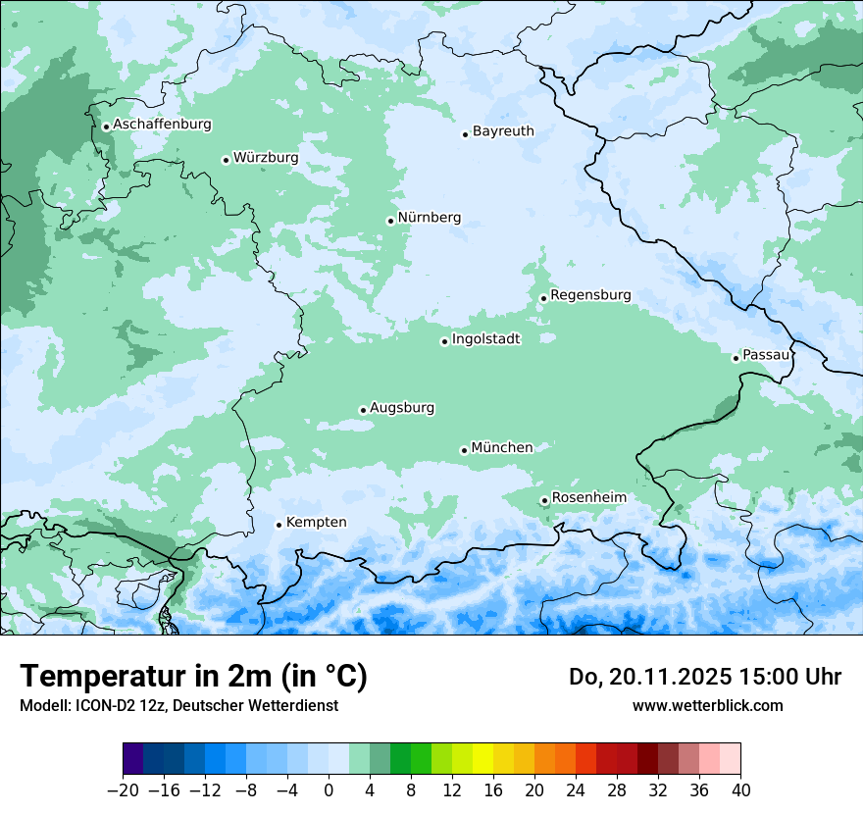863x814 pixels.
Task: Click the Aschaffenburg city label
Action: pos(162,125)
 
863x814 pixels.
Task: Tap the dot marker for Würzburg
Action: pos(226,160)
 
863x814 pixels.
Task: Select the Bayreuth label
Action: pos(503,130)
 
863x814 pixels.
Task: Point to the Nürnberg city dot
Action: pos(390,221)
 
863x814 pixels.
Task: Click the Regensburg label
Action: pos(590,294)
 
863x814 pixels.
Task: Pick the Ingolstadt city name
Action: pos(485,338)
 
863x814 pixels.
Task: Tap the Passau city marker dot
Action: pos(736,358)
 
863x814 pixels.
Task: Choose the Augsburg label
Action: pos(402,407)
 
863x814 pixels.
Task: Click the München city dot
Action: pos(464,450)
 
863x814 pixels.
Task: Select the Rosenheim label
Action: pos(588,497)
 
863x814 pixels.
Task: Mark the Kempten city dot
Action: pos(279,525)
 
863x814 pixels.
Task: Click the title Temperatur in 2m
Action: pos(193,676)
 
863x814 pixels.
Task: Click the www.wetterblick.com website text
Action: pos(707,705)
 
